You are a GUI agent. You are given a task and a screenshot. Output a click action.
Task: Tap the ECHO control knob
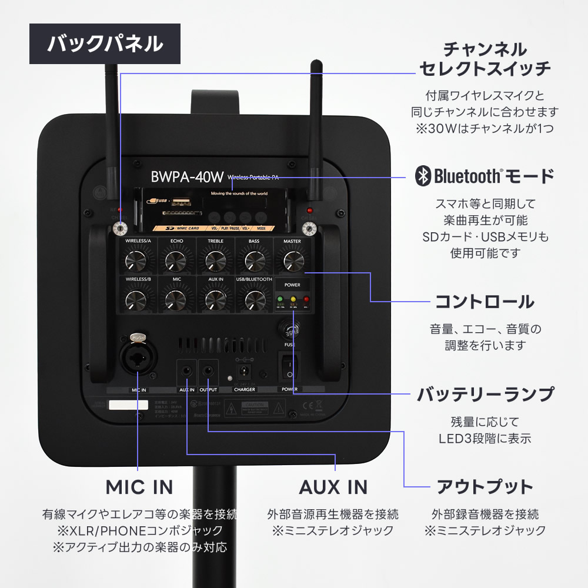point(176,260)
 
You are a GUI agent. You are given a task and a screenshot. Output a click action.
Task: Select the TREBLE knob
point(215,260)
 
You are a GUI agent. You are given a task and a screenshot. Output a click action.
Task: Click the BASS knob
point(253,260)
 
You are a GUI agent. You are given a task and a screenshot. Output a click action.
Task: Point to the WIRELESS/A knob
point(136,260)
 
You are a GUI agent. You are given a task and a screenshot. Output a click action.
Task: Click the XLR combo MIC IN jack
point(138,358)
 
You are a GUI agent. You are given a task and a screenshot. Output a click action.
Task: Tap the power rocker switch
point(289,366)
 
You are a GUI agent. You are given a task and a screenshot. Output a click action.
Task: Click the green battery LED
point(280,299)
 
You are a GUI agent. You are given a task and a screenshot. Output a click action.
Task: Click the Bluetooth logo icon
point(422,175)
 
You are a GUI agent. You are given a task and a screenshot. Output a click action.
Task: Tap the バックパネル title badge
point(105,44)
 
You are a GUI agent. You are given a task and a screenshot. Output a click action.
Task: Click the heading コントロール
point(484,302)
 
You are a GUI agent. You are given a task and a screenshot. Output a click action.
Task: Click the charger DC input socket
point(244,371)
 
